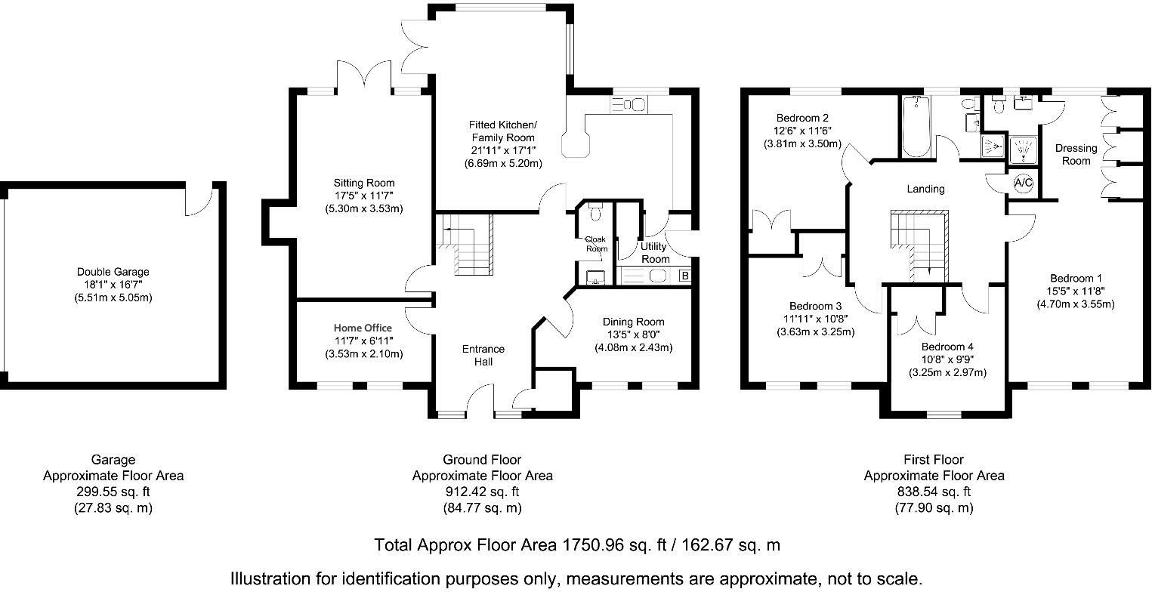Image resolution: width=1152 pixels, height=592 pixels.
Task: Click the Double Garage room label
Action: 113,272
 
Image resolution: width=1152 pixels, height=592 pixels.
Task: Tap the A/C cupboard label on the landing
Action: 1023,183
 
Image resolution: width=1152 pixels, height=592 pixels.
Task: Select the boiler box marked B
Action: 684,276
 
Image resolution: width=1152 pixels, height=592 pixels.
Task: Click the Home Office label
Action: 363,328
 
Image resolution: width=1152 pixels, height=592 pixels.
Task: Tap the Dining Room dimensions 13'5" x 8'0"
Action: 633,335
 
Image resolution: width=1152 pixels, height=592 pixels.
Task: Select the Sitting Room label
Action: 364,183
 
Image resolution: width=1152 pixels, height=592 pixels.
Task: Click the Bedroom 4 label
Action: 948,347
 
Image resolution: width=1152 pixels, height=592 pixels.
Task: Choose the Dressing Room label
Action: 1076,155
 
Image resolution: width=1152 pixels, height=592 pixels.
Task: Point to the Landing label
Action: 926,189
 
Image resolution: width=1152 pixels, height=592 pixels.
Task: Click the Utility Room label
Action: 654,252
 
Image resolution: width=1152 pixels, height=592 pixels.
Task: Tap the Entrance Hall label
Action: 483,356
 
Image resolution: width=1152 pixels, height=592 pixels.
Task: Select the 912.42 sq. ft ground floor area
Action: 482,492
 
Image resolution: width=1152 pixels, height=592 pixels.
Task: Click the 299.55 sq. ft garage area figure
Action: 113,492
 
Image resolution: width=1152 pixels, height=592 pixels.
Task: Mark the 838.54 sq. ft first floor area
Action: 934,492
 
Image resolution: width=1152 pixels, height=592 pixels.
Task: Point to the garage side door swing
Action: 197,202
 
